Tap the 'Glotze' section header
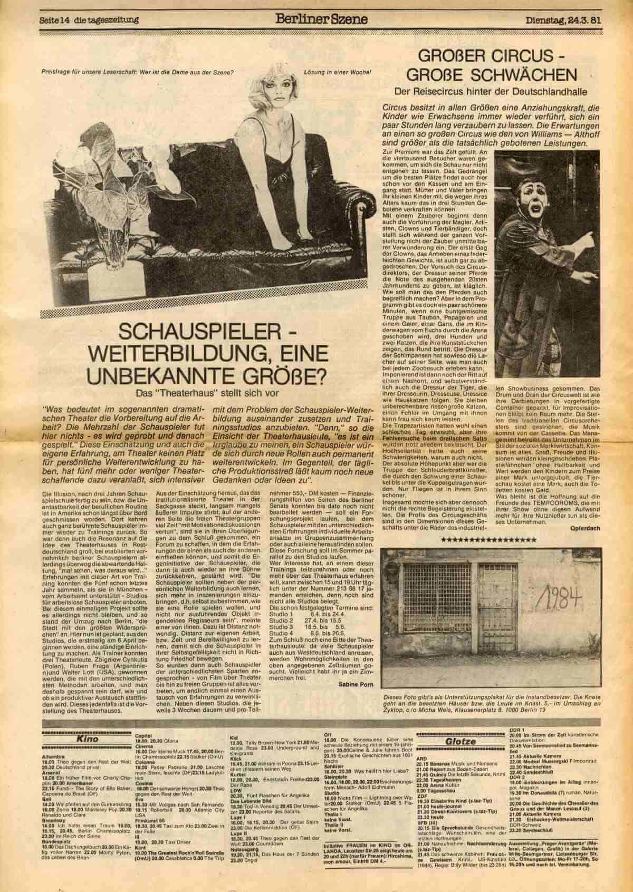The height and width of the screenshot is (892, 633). pos(463,741)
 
